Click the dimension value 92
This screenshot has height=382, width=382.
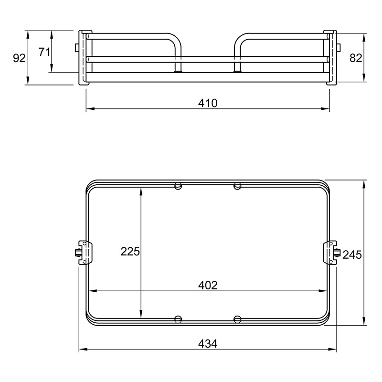[x=19, y=58]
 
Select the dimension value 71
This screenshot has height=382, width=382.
[x=44, y=52]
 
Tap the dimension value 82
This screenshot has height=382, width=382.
[x=356, y=58]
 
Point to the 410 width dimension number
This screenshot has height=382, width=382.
[x=208, y=103]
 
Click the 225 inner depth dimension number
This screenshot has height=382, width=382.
[x=130, y=252]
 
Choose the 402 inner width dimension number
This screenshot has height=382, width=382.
[x=208, y=285]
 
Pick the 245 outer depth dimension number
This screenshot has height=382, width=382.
[x=352, y=255]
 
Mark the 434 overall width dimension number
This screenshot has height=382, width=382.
[x=208, y=344]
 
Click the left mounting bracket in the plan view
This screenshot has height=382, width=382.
[x=84, y=253]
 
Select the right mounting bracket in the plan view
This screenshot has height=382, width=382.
[x=331, y=253]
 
